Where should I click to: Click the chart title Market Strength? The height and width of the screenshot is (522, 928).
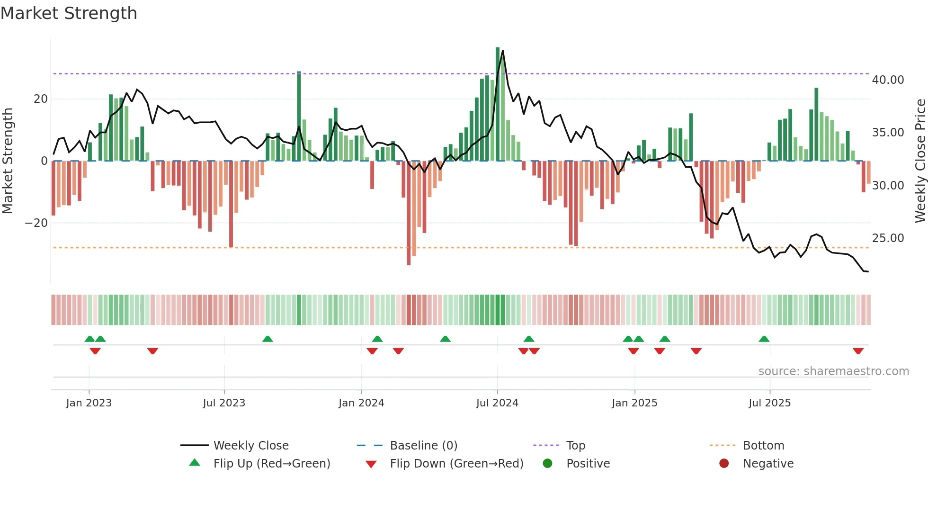(69, 13)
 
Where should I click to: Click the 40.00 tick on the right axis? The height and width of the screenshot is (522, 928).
(888, 80)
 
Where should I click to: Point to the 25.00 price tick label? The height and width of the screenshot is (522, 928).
(888, 238)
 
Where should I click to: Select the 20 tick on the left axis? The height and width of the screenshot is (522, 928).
(41, 99)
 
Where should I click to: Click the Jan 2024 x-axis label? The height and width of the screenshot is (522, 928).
(361, 403)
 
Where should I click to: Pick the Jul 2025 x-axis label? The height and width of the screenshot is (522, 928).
(769, 403)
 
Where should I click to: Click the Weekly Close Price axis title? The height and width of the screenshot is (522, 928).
(920, 161)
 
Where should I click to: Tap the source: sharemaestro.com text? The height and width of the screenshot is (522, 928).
(833, 371)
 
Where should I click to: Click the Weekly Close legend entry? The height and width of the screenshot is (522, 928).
(250, 446)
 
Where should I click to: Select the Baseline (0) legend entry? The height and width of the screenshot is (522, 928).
(423, 446)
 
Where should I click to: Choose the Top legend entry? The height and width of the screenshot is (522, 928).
(575, 446)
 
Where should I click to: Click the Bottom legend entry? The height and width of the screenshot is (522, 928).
(763, 446)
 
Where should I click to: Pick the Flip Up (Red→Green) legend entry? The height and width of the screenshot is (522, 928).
(271, 464)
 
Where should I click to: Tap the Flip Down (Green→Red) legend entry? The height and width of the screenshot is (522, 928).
(456, 464)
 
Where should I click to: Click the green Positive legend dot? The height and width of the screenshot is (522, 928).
(548, 464)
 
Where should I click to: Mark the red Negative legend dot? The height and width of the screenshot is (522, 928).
(724, 464)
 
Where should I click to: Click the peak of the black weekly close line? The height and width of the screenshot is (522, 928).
(502, 51)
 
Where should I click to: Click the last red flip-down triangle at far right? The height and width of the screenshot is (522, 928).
(858, 351)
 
